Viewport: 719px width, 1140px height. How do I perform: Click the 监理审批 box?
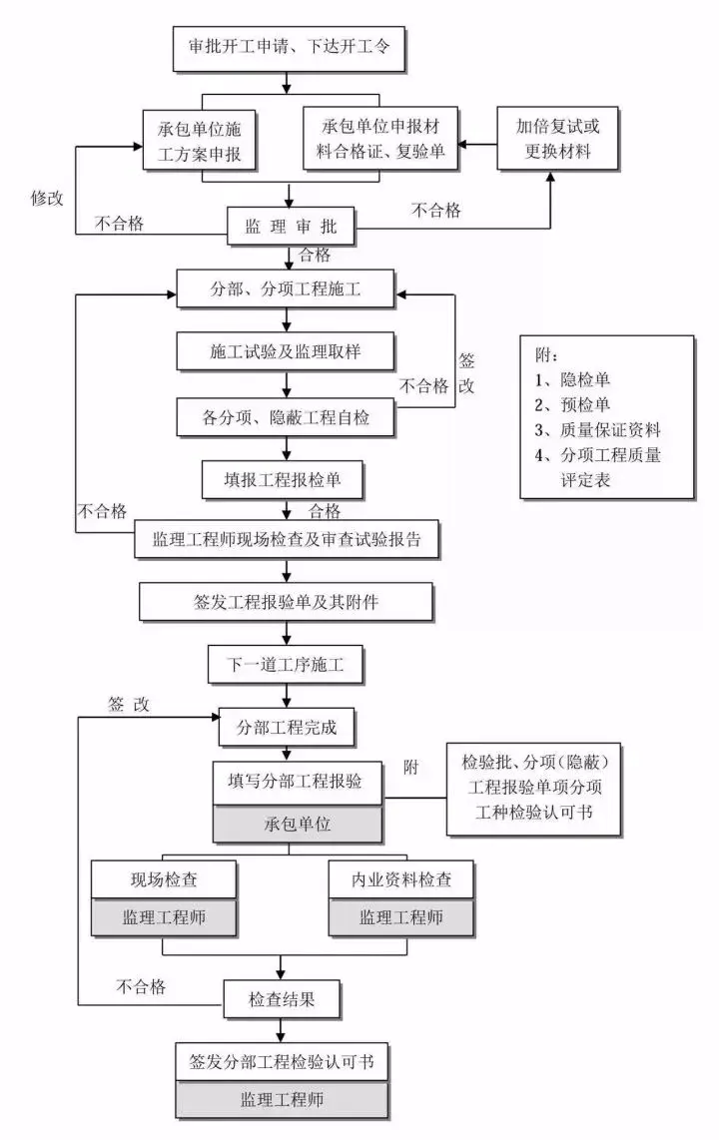coord(290,228)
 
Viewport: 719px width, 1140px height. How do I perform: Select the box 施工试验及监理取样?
coord(288,352)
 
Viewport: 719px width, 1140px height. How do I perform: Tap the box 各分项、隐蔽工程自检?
coord(288,417)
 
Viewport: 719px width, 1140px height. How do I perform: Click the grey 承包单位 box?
coord(298,826)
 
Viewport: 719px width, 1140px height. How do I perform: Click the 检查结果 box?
coord(282,997)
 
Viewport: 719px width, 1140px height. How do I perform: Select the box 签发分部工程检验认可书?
coord(282,1060)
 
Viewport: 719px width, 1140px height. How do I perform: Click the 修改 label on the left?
coord(47,197)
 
